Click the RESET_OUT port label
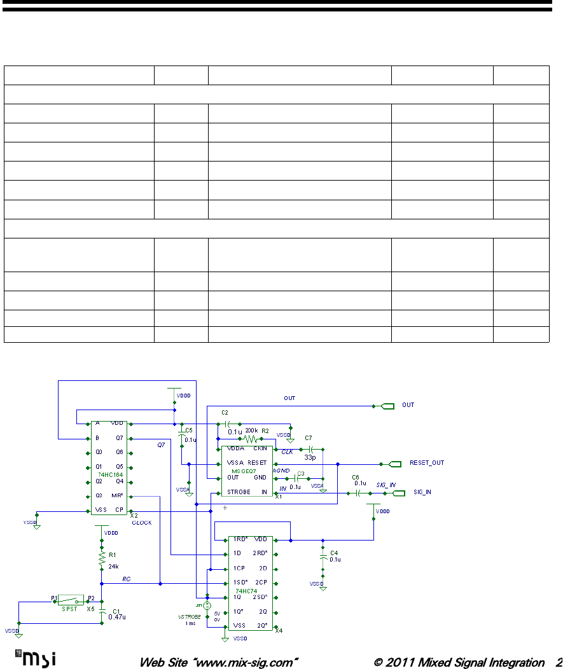coord(426,463)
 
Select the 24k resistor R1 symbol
coord(101,559)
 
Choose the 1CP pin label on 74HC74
coord(238,568)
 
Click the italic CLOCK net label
coord(141,523)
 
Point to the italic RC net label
coord(127,579)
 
